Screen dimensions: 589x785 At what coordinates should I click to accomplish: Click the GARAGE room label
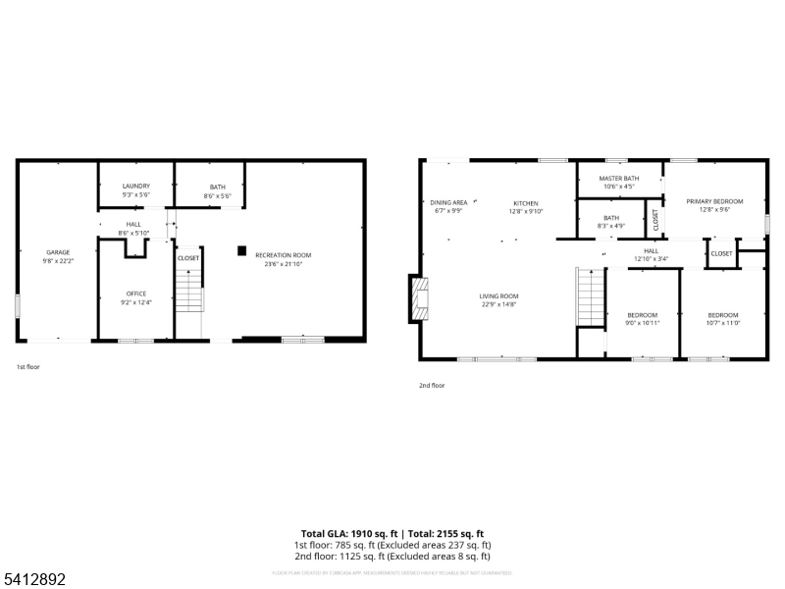[x=57, y=252]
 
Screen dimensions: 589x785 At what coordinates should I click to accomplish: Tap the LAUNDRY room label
[x=135, y=186]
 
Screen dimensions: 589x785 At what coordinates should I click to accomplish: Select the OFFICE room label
[x=135, y=294]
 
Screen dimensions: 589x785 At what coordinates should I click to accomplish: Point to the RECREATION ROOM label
[x=283, y=255]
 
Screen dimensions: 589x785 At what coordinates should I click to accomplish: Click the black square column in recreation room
[x=241, y=250]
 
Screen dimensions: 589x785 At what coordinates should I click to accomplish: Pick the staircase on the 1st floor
[x=188, y=290]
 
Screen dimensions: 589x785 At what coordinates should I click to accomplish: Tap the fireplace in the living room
[x=420, y=298]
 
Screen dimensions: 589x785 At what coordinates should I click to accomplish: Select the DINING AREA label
[x=448, y=202]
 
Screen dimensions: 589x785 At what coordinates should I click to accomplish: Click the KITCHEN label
[x=526, y=202]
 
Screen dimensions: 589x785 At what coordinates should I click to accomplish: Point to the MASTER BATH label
[x=620, y=178]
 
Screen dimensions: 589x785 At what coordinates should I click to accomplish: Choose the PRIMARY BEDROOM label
[x=714, y=201]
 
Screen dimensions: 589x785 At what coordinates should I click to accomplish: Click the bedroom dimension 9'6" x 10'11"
[x=643, y=323]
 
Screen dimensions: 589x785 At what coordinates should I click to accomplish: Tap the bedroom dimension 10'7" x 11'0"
[x=723, y=323]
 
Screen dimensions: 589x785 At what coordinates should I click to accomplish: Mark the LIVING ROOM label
[x=498, y=295]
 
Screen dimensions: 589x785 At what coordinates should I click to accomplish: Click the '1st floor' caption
[x=27, y=367]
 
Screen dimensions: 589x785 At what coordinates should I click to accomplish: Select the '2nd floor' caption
[x=432, y=386]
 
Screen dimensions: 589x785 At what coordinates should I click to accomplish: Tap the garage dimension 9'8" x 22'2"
[x=57, y=261]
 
